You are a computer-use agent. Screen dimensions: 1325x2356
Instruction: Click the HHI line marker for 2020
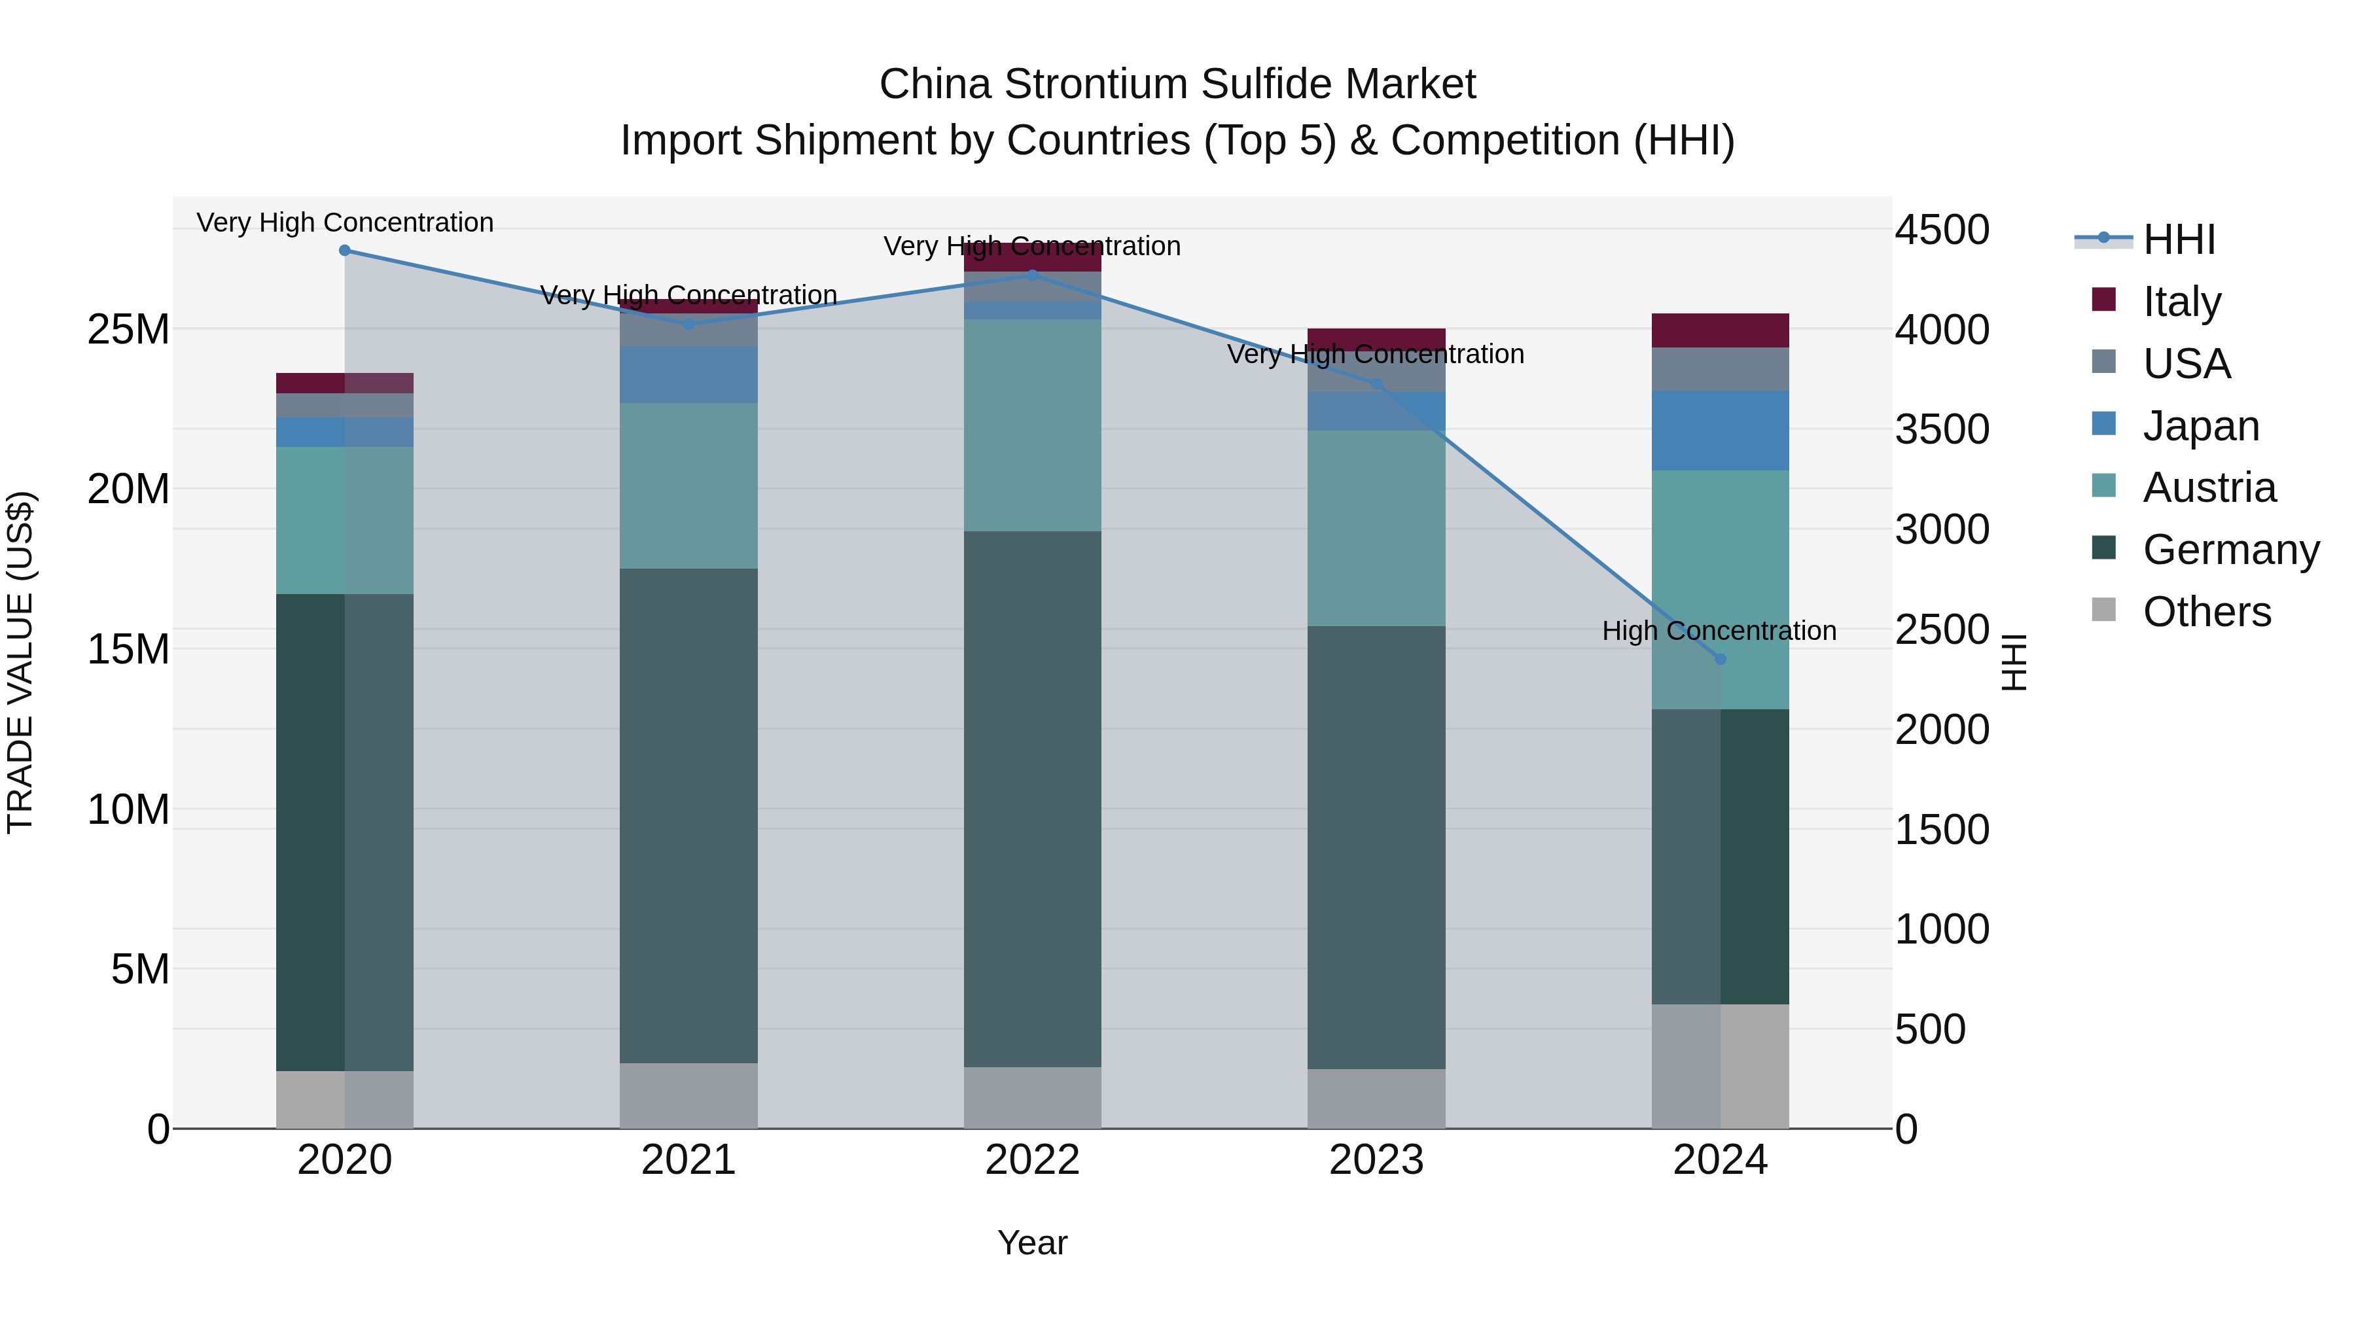pos(345,251)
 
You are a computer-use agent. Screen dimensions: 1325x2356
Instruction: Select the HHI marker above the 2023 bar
pos(1376,384)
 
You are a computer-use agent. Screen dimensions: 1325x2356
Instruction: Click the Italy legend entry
pos(2181,302)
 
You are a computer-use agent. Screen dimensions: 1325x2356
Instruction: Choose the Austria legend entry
pos(2208,487)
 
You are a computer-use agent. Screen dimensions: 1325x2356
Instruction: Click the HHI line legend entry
pos(2177,239)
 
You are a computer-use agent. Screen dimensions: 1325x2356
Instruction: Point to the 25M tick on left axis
pos(128,329)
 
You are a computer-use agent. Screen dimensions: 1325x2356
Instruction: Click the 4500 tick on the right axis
pos(1941,230)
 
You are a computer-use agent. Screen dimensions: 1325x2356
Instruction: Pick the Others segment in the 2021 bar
pos(688,1095)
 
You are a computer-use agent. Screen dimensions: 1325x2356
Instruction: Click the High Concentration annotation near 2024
pos(1719,631)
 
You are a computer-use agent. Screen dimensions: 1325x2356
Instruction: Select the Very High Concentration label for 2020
pos(345,223)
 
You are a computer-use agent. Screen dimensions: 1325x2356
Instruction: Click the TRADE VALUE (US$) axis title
pos(20,662)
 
